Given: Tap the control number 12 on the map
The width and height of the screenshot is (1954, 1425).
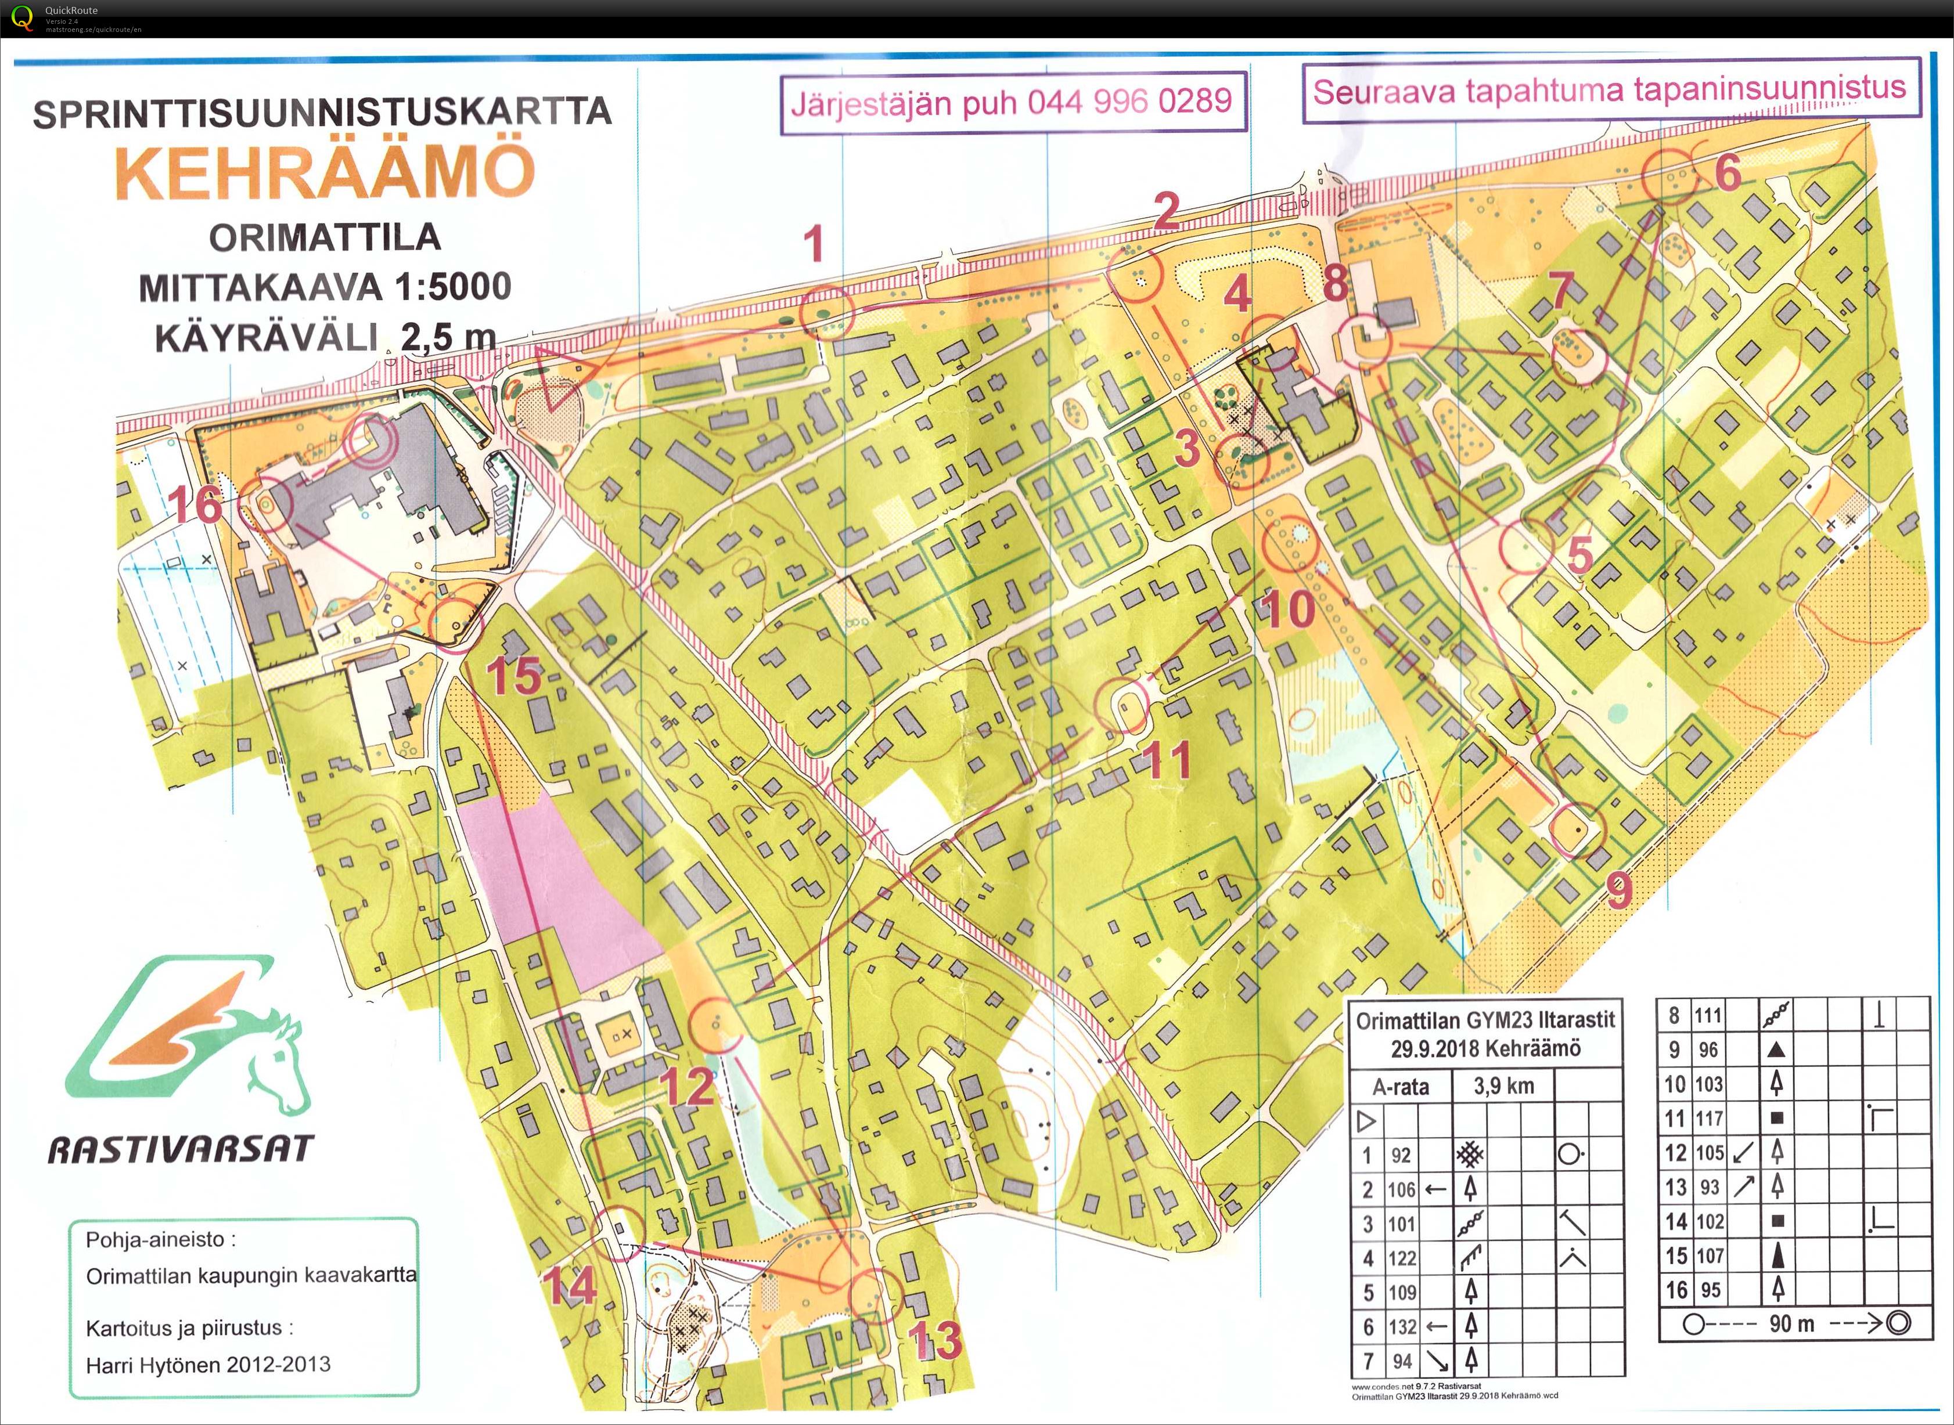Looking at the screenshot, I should [688, 1087].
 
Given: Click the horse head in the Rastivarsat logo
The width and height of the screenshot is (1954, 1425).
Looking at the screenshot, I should [276, 1065].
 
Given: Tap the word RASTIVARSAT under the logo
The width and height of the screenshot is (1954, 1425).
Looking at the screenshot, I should [181, 1150].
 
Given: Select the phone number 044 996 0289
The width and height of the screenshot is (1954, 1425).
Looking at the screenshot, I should [1129, 102].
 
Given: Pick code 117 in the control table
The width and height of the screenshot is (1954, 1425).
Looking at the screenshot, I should [1708, 1119].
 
